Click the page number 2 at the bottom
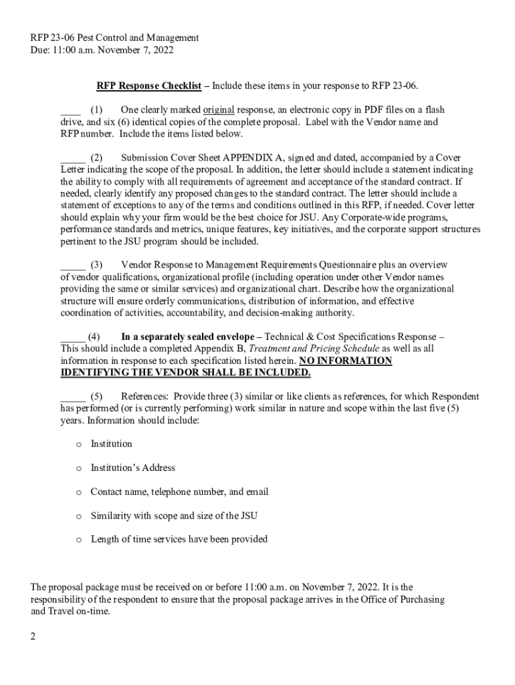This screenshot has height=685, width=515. tap(32, 636)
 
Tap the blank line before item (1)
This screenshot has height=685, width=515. tap(70, 110)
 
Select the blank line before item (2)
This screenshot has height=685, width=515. tap(72, 158)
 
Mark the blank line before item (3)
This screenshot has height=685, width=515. tap(72, 265)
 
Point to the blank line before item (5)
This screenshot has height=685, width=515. tap(72, 396)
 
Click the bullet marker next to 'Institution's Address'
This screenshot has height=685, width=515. tap(78, 468)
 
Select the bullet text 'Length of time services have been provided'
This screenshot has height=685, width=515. tap(179, 539)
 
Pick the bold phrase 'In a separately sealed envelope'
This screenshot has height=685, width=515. tap(187, 336)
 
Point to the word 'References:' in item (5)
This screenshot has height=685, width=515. tap(144, 396)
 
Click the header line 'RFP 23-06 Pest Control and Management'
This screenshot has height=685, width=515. tap(114, 38)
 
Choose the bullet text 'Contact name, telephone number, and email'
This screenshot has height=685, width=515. tap(179, 492)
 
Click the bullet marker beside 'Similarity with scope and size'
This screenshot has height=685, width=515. tap(78, 516)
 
